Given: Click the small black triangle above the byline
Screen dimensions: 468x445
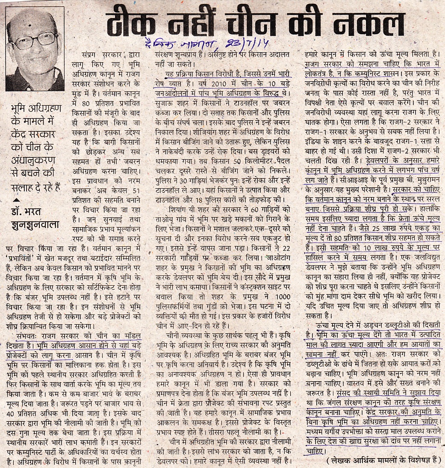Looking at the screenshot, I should pos(16,200).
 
